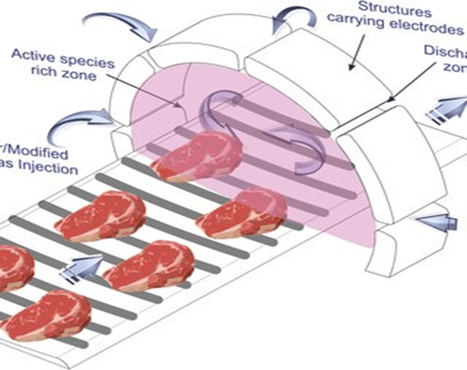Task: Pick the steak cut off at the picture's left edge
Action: [10, 267]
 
